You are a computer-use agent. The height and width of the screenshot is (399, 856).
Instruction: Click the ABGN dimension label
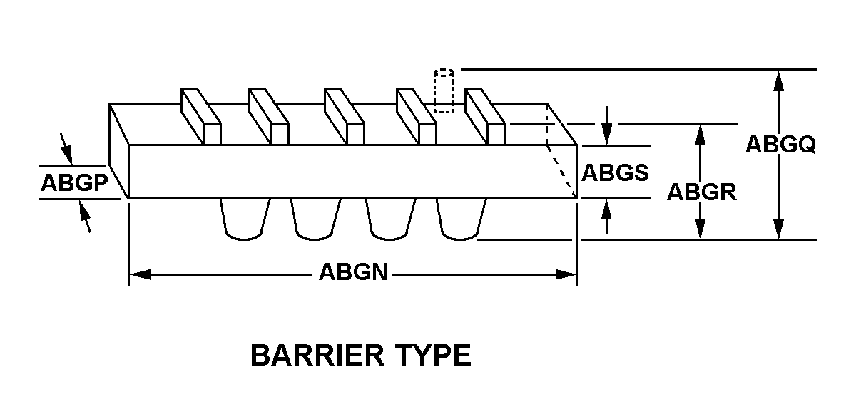pyautogui.click(x=354, y=272)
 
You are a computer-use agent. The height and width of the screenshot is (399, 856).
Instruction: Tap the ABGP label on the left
pyautogui.click(x=74, y=182)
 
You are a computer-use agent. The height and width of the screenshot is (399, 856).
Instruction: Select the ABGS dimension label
pyautogui.click(x=615, y=172)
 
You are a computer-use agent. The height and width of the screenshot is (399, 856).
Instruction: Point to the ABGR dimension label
pyautogui.click(x=702, y=192)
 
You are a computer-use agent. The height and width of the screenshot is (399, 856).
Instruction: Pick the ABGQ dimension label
pyautogui.click(x=780, y=145)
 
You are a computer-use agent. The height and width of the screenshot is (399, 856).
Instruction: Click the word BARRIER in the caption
pyautogui.click(x=317, y=355)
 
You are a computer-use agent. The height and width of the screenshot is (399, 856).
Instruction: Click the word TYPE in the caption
pyautogui.click(x=433, y=355)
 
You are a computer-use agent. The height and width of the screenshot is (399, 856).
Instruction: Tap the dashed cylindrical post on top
pyautogui.click(x=444, y=91)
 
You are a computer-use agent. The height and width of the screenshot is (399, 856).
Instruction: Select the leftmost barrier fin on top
pyautogui.click(x=201, y=116)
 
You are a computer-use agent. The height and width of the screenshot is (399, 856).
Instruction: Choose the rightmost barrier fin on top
pyautogui.click(x=485, y=116)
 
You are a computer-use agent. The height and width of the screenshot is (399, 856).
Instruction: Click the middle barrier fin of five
pyautogui.click(x=345, y=116)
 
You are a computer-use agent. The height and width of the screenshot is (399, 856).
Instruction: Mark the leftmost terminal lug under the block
pyautogui.click(x=245, y=219)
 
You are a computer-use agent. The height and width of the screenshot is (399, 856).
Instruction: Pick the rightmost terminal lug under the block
pyautogui.click(x=462, y=219)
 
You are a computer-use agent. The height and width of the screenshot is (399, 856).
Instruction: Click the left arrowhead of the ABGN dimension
pyautogui.click(x=140, y=274)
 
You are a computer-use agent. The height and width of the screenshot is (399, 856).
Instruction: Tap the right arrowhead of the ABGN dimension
pyautogui.click(x=566, y=274)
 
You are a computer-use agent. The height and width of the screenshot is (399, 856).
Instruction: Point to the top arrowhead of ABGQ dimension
pyautogui.click(x=778, y=81)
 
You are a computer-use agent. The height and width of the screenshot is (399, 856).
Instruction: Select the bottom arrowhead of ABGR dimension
pyautogui.click(x=700, y=228)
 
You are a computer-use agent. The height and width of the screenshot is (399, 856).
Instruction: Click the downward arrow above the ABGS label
pyautogui.click(x=606, y=126)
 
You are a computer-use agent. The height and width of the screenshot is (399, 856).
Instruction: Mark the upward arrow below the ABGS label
pyautogui.click(x=606, y=217)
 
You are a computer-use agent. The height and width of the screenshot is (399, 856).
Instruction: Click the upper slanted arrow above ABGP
pyautogui.click(x=66, y=149)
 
